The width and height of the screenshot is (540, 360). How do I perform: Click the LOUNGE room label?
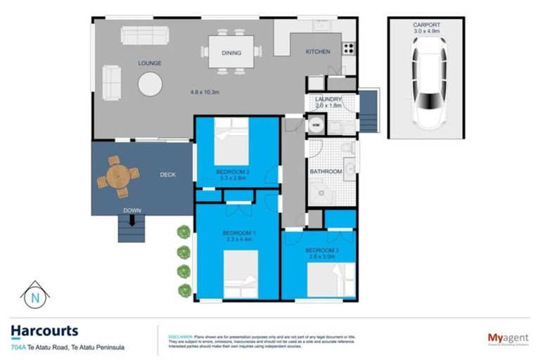149,63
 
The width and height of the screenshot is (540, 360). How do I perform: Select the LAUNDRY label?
328,100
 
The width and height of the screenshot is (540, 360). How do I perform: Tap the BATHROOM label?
326,172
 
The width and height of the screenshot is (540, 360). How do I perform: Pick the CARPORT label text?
425,25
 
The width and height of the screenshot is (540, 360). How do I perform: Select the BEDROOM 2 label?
231,172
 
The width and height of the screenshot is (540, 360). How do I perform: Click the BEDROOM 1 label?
239,233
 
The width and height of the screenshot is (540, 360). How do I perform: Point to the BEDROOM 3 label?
321,250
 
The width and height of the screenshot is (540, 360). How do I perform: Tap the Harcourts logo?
44,331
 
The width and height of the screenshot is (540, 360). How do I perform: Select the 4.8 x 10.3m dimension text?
206,92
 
